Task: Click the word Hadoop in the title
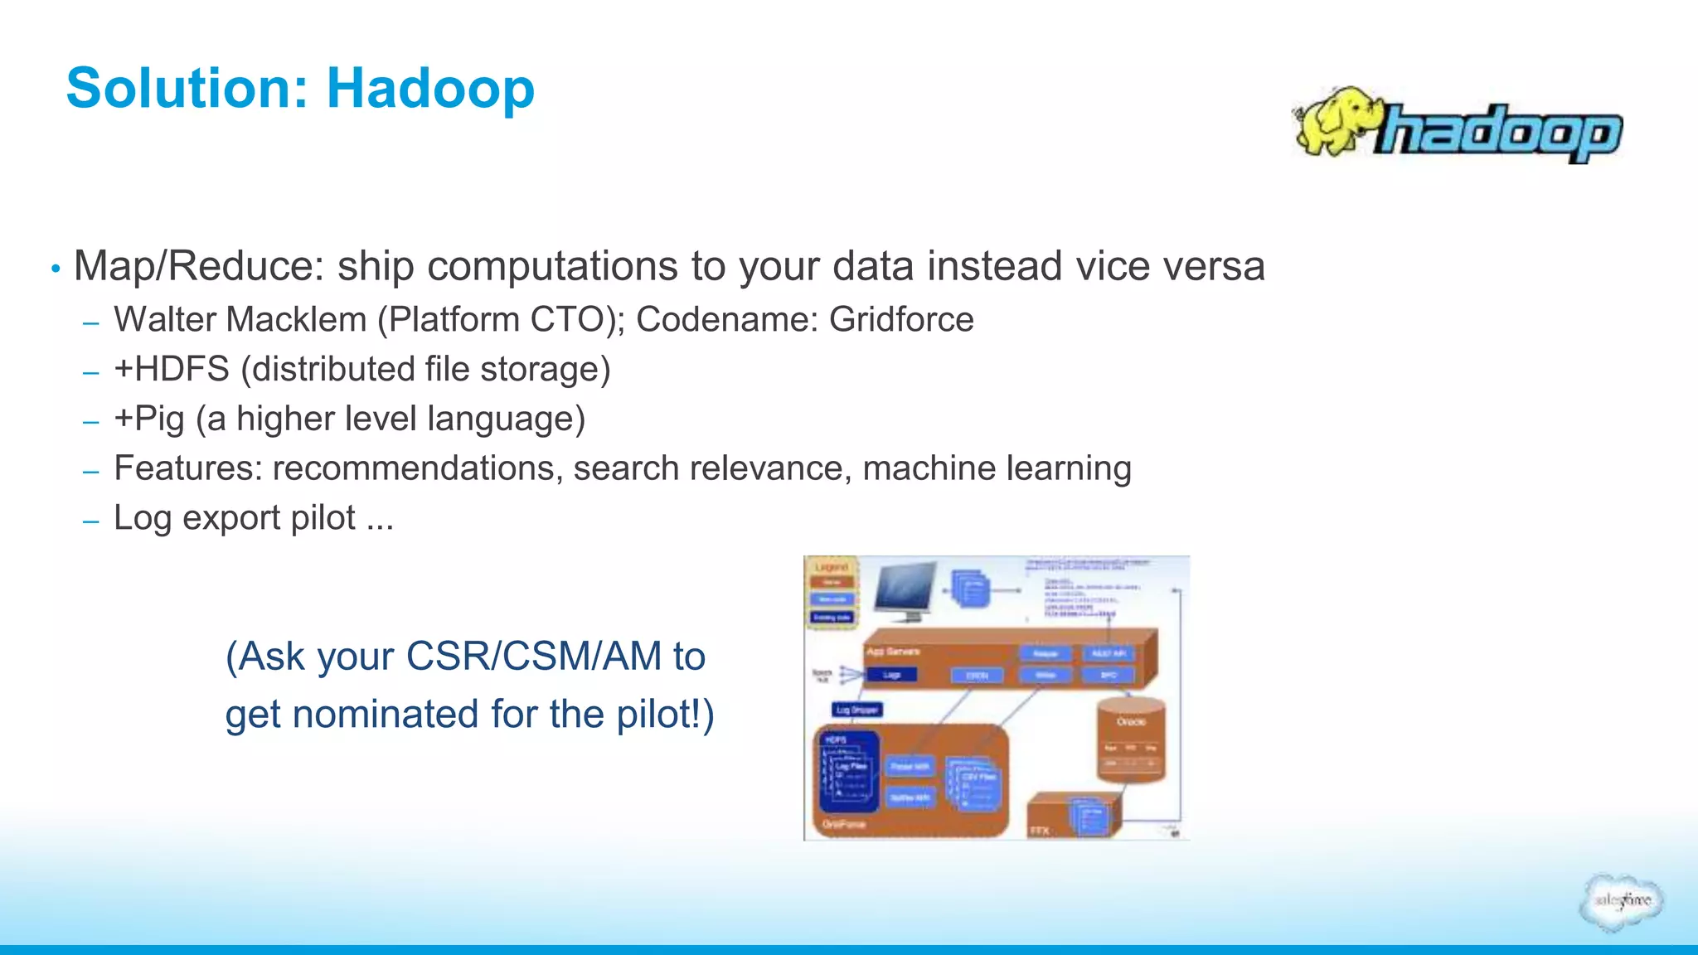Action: click(x=430, y=88)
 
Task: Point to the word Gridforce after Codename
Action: click(x=901, y=320)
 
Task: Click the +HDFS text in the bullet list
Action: click(x=172, y=370)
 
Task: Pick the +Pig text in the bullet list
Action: click(x=149, y=419)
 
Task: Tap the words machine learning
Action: click(x=997, y=468)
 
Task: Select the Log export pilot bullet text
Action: click(x=253, y=518)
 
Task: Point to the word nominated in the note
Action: click(x=386, y=715)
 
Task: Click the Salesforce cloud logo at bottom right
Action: click(x=1621, y=902)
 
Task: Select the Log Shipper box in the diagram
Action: click(x=857, y=710)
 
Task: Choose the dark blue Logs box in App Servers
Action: click(x=891, y=675)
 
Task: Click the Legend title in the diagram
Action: click(x=832, y=567)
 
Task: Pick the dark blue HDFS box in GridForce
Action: click(x=848, y=769)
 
